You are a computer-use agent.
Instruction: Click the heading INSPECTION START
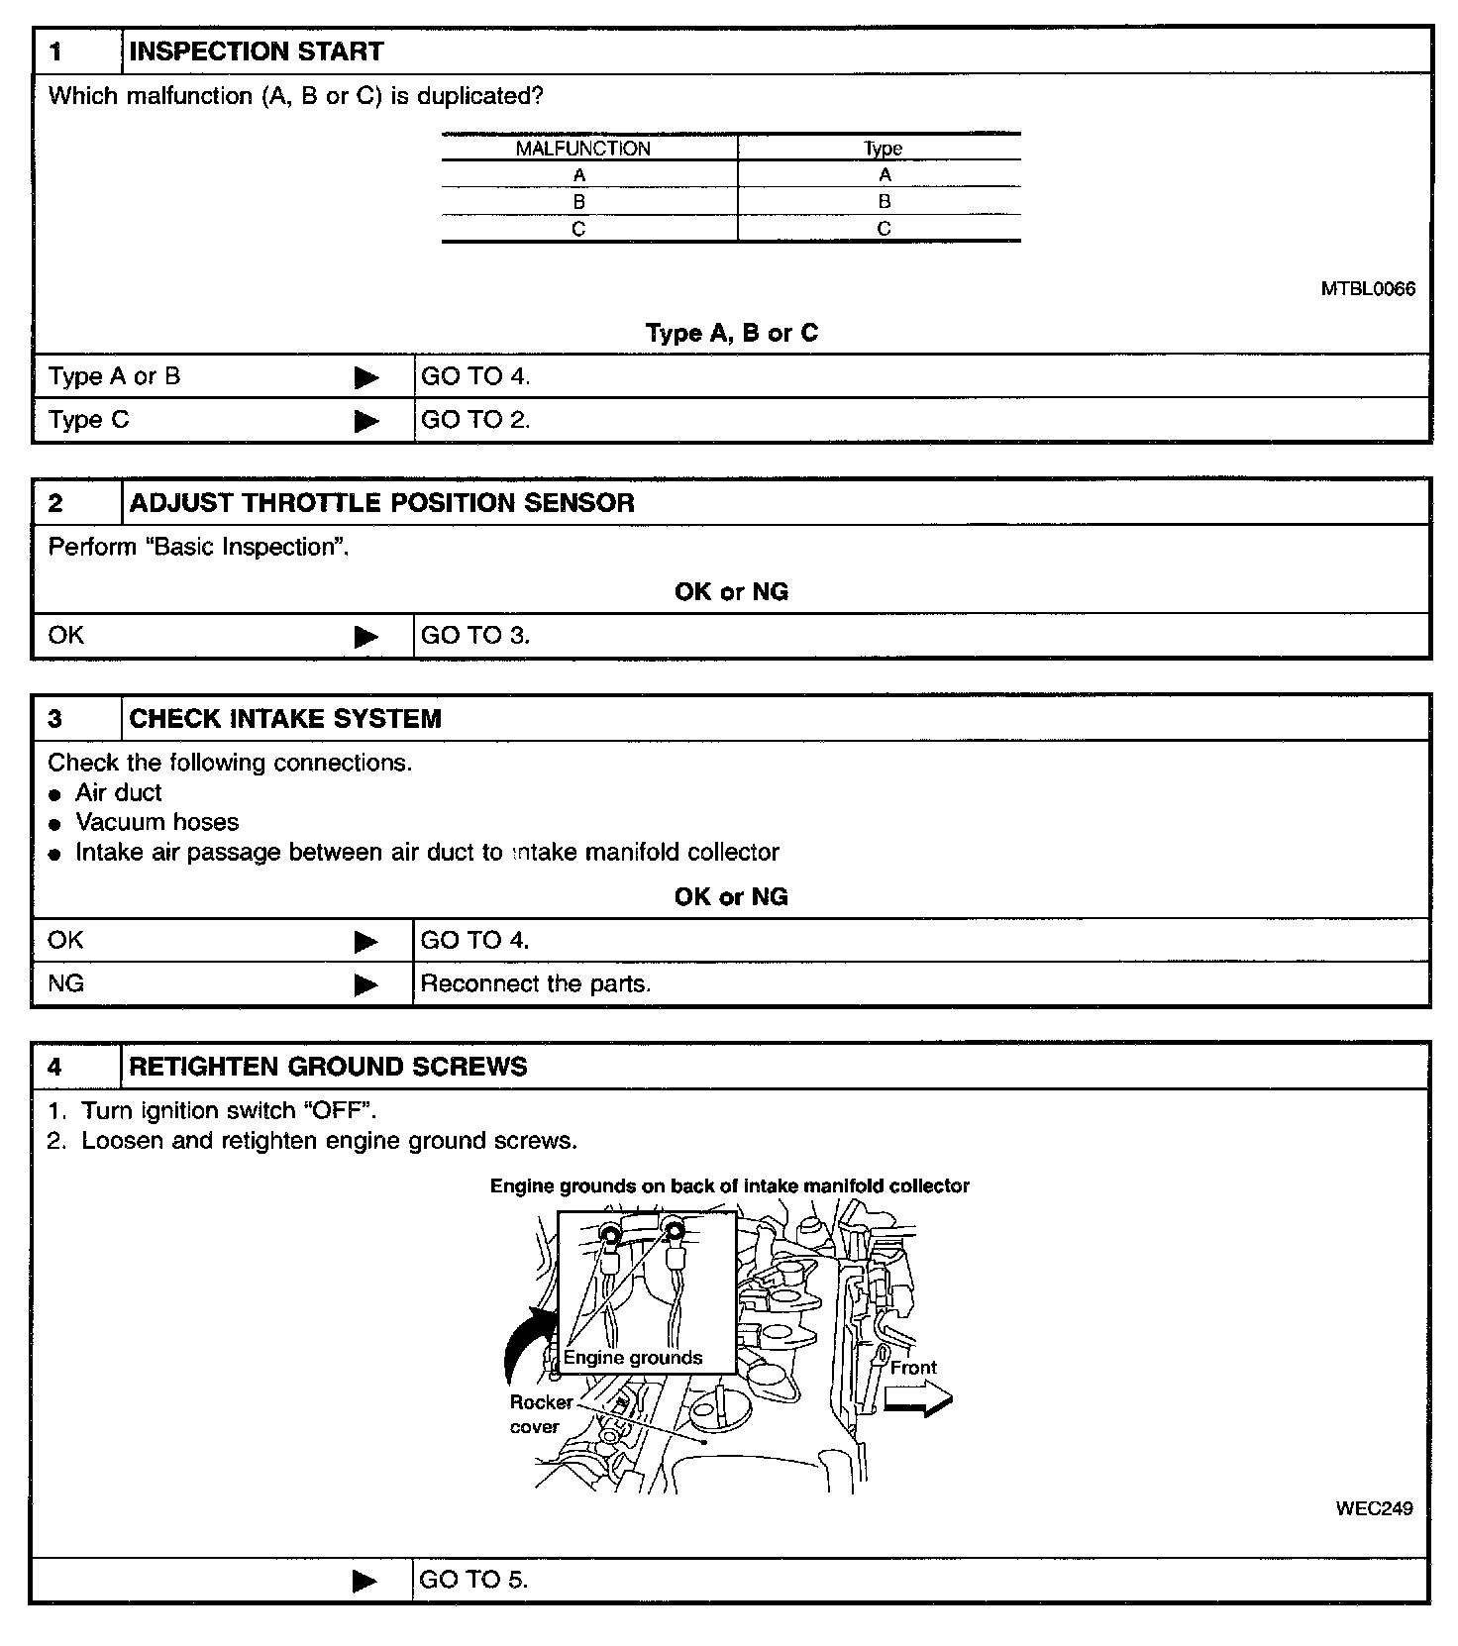click(256, 51)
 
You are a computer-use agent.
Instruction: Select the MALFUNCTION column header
click(582, 149)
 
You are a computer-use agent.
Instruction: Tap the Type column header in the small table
click(883, 149)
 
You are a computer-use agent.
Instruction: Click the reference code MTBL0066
click(1368, 289)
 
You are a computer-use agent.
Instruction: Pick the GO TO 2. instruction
click(475, 420)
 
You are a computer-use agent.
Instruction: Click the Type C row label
click(89, 420)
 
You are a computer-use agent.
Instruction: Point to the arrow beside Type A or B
click(366, 377)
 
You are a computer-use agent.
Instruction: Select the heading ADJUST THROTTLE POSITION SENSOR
click(381, 502)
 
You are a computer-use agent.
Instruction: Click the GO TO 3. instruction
click(475, 636)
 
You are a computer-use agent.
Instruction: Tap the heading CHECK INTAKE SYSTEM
click(285, 718)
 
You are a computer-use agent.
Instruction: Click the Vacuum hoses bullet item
click(156, 822)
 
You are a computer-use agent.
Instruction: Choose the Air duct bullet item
click(118, 792)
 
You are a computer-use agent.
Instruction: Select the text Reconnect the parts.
click(536, 984)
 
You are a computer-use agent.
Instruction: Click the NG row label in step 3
click(66, 983)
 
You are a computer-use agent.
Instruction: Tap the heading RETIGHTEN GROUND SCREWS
click(328, 1067)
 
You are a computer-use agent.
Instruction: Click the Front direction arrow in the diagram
click(917, 1399)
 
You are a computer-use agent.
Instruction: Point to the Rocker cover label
click(540, 1414)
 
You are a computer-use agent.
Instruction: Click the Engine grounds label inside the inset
click(633, 1358)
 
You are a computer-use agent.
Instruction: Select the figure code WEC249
click(1374, 1508)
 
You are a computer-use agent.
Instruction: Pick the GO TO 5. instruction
click(473, 1580)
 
